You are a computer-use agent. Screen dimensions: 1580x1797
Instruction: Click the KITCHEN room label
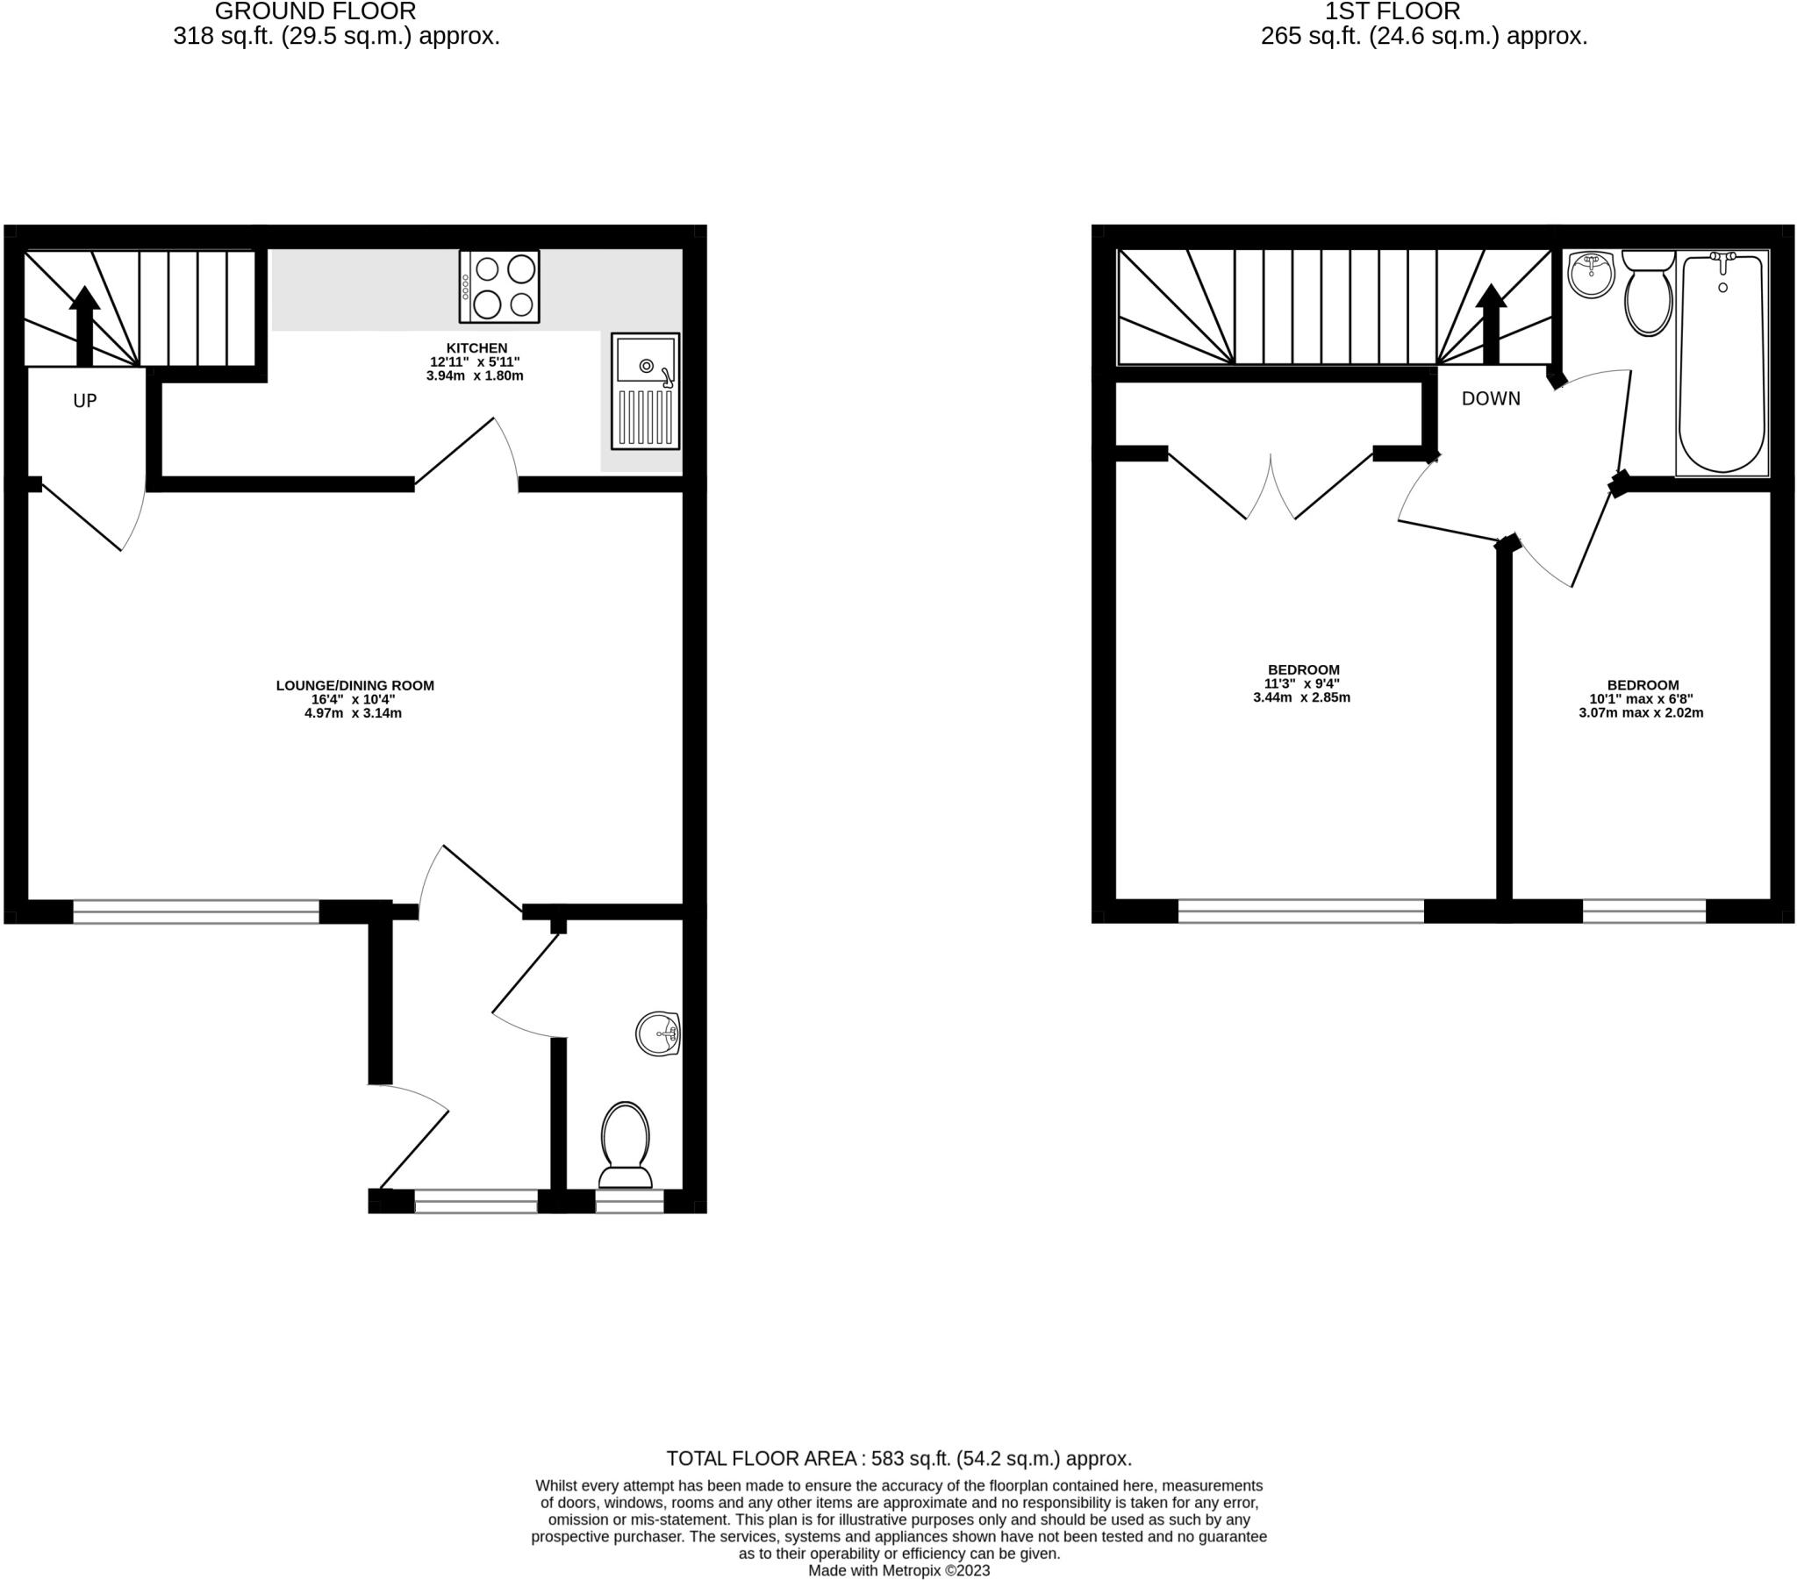point(476,348)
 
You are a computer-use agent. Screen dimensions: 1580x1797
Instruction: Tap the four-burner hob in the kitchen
point(499,287)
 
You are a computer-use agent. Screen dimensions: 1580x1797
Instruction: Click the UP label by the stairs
point(84,401)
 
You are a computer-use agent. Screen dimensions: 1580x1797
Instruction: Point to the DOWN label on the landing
point(1490,398)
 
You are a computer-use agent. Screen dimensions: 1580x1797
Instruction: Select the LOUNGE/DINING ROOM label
point(354,685)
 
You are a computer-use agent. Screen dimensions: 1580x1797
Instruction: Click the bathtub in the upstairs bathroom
point(1722,362)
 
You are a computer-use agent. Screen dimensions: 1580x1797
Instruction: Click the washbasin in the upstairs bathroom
point(1593,275)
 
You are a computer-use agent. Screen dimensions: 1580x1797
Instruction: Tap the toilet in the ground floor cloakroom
point(625,1144)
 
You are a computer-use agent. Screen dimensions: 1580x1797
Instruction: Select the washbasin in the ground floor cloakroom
point(658,1033)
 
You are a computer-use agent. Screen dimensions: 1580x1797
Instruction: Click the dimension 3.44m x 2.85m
point(1301,698)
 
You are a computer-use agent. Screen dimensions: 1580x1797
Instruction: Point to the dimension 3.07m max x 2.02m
point(1641,713)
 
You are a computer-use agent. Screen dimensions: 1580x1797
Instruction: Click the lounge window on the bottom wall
point(196,911)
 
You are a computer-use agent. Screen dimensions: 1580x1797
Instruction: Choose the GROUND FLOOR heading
point(315,11)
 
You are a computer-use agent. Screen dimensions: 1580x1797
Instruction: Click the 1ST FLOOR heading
point(1392,11)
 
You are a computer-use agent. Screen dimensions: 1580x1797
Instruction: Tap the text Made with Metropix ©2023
point(898,1570)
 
